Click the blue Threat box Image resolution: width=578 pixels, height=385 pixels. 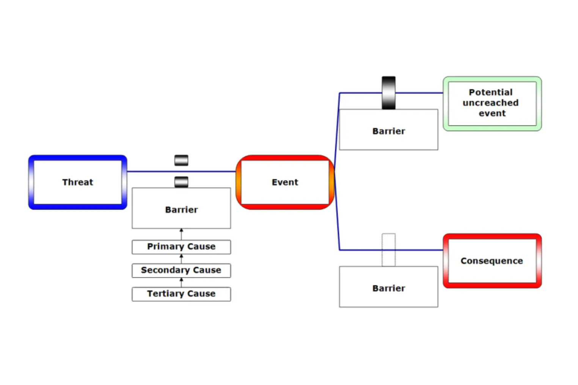click(78, 182)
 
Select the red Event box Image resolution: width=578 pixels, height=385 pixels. click(285, 182)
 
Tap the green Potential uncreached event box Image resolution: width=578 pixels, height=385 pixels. click(492, 103)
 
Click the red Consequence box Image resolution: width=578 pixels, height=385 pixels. click(492, 261)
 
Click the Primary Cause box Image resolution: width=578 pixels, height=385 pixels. click(181, 247)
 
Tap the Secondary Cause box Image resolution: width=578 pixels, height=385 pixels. click(181, 270)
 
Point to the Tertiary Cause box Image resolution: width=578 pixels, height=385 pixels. click(181, 294)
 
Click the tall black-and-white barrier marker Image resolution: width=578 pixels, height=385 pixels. click(388, 93)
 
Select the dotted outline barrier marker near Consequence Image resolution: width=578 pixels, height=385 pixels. click(388, 250)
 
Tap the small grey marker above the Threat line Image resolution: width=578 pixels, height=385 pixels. click(181, 160)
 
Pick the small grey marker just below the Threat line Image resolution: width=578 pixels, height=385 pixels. click(181, 182)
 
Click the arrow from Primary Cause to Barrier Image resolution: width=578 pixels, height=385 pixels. click(181, 234)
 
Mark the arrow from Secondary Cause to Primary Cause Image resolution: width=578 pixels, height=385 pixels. click(181, 259)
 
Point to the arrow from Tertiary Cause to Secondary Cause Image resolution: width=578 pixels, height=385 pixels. click(181, 282)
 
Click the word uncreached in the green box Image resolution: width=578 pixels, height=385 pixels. click(490, 103)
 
